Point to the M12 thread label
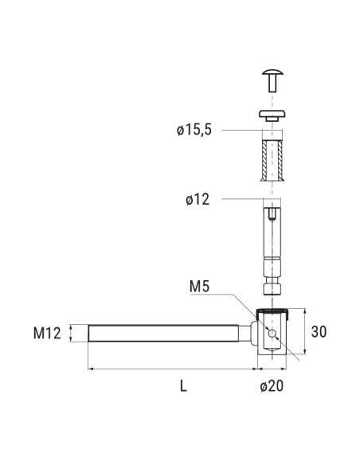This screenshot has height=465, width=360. [49, 334]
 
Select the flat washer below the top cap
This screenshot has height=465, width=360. [272, 115]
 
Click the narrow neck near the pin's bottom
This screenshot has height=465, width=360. [272, 278]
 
